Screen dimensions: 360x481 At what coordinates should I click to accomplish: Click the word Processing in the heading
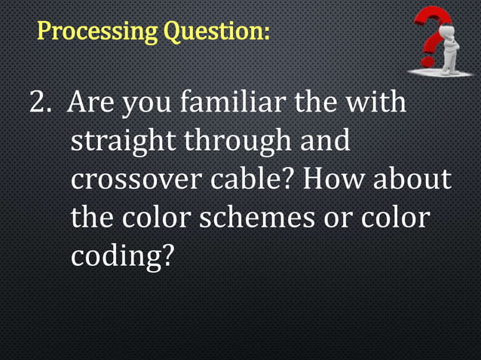pyautogui.click(x=92, y=32)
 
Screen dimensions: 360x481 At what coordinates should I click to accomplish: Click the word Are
pyautogui.click(x=91, y=102)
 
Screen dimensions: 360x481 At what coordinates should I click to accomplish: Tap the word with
pyautogui.click(x=377, y=102)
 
